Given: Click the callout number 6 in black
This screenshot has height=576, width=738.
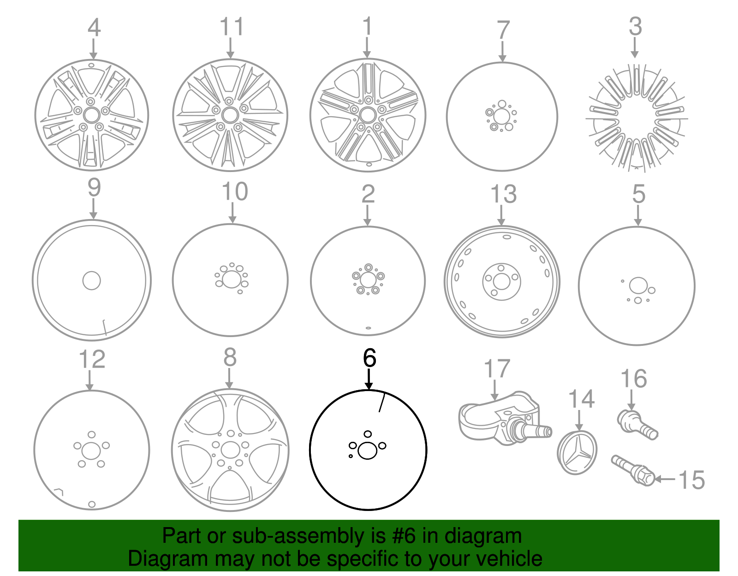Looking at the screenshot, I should (369, 358).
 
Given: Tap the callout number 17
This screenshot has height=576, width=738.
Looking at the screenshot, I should (497, 369).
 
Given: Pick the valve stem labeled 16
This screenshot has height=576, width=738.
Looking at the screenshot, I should (637, 424).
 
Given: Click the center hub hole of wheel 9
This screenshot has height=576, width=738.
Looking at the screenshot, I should (91, 280).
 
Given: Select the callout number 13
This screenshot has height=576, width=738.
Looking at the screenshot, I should (503, 194).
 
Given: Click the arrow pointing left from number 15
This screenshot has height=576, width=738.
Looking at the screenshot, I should (665, 479).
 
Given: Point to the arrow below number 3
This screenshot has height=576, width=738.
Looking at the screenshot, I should (635, 48).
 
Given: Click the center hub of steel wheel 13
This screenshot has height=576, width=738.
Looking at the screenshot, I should (501, 281).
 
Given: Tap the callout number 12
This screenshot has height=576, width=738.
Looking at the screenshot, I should (92, 359).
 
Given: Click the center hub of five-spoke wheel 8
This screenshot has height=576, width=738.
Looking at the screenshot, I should (230, 450).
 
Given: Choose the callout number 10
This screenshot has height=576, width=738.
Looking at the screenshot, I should (234, 192).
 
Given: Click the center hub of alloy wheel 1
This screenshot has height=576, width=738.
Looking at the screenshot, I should (368, 115).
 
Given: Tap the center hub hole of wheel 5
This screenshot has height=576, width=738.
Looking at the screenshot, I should (637, 285).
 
